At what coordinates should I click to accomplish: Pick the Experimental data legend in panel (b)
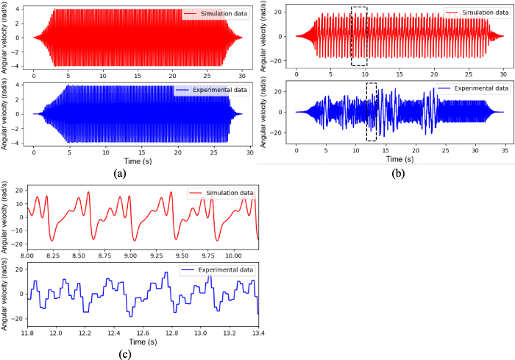point(472,88)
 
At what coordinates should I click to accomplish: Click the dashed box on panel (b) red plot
point(359,36)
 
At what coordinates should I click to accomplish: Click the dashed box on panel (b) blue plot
point(372,111)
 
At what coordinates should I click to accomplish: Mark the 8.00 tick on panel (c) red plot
point(28,254)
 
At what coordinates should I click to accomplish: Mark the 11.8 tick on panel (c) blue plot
point(28,333)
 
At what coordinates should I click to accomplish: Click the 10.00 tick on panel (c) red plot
point(233,254)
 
